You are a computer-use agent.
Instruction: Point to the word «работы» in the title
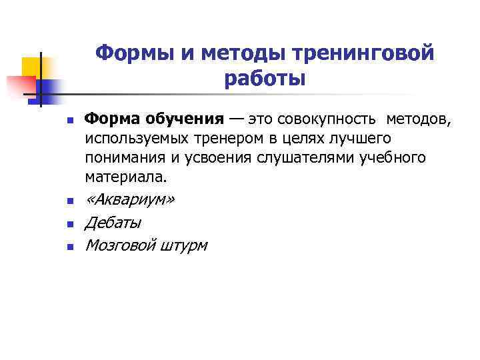265,79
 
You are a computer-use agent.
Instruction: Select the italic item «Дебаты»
112,223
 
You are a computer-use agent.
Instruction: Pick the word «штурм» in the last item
184,245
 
